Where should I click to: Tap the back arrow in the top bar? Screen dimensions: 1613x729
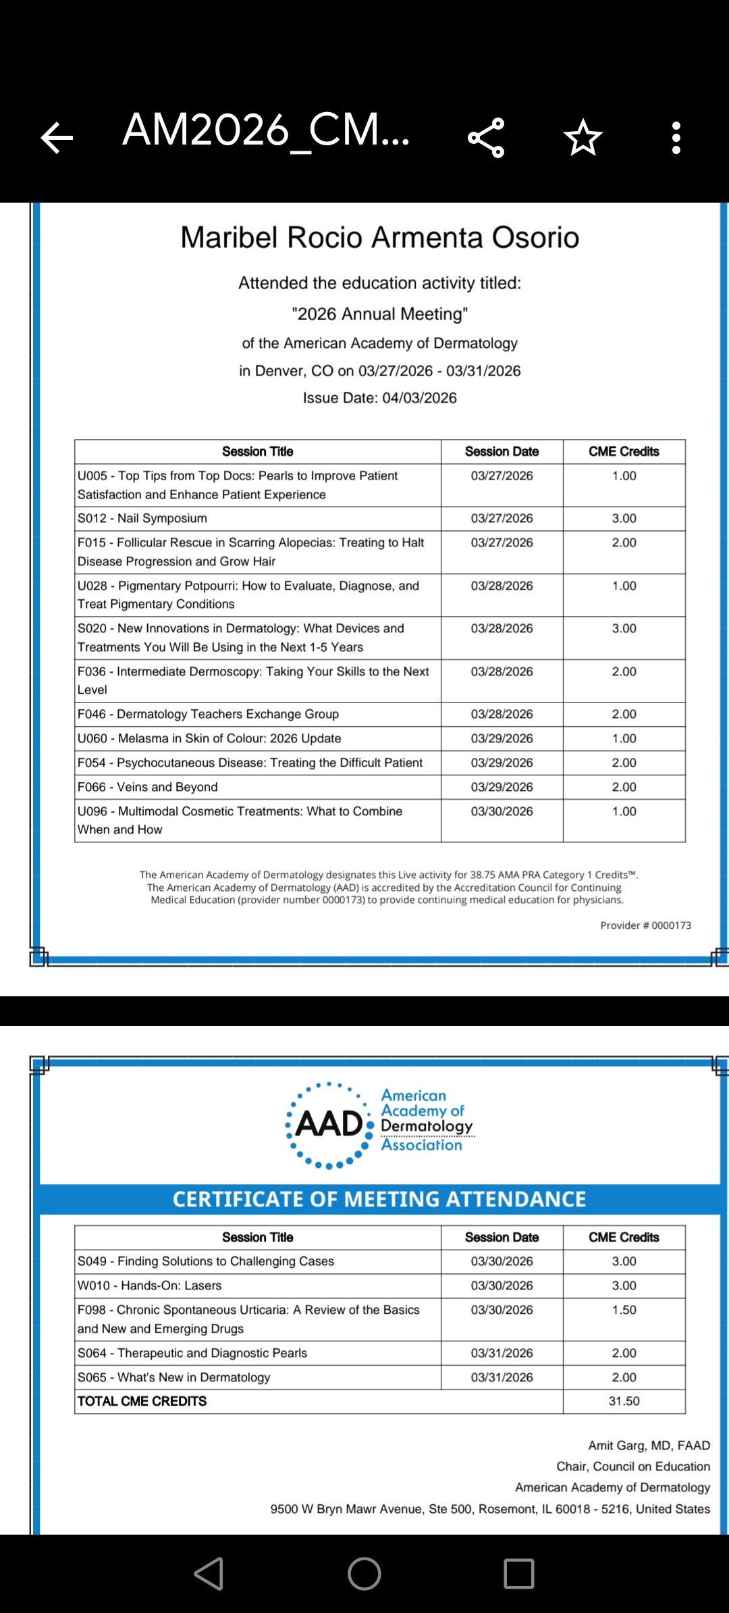tap(57, 138)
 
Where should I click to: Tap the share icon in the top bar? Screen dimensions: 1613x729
tap(486, 138)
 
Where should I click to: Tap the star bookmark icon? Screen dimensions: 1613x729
tap(583, 138)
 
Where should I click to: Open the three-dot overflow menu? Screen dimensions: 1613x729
tap(676, 138)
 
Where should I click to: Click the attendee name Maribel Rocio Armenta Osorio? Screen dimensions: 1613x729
tap(379, 238)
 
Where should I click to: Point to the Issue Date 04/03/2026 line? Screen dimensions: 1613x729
tap(379, 398)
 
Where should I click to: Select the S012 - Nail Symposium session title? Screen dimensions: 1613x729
tap(142, 518)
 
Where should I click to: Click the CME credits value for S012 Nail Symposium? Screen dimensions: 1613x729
tap(624, 518)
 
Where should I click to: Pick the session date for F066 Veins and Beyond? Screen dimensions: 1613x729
tap(502, 787)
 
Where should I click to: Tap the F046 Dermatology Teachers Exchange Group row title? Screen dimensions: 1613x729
tap(208, 714)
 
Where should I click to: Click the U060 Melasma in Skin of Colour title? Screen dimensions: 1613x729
tap(209, 738)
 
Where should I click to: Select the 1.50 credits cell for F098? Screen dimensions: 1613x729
tap(624, 1310)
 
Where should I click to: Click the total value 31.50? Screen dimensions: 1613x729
tap(624, 1401)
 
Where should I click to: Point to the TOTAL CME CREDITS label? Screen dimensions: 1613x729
tap(142, 1401)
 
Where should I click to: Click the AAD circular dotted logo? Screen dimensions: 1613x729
tap(329, 1125)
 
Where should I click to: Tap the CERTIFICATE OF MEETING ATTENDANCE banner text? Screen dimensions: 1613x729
tap(379, 1199)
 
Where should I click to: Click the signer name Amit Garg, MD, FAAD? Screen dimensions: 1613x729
tap(649, 1445)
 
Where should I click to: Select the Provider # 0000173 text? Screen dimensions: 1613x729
tap(645, 925)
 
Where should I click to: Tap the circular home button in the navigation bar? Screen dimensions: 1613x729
tap(364, 1574)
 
